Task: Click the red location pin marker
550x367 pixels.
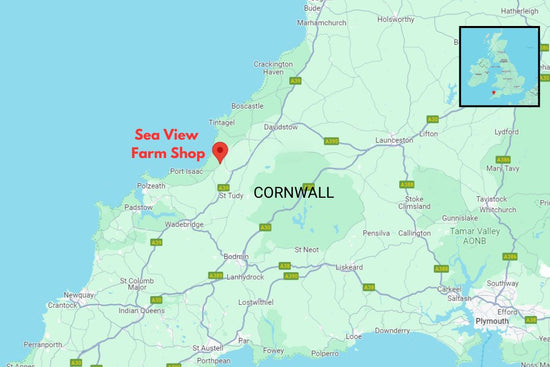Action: (220, 151)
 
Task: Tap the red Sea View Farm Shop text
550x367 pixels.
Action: (168, 144)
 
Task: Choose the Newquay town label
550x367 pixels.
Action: (79, 296)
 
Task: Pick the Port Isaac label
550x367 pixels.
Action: (188, 171)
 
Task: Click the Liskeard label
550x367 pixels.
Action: (349, 268)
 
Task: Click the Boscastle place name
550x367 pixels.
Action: (246, 105)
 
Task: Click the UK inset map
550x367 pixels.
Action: (500, 66)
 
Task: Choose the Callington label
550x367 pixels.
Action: (414, 233)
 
